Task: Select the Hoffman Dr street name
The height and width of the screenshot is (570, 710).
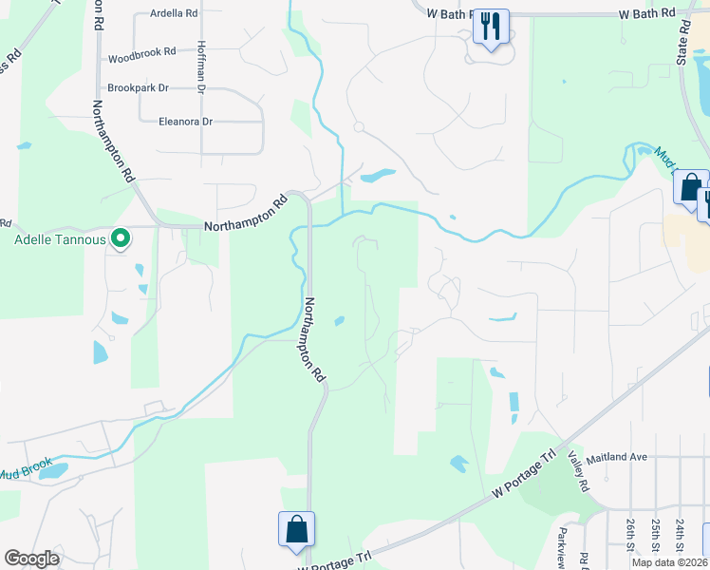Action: point(201,67)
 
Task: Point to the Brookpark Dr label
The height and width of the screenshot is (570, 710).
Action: point(138,87)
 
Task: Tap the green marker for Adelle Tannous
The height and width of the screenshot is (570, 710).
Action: point(121,238)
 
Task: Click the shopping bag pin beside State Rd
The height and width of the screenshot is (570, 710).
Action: point(690,185)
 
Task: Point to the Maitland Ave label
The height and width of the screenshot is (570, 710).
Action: point(616,457)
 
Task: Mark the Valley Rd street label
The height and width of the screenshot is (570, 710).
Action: point(578,471)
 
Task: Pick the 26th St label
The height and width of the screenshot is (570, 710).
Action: point(631,535)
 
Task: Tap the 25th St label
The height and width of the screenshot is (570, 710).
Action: point(656,535)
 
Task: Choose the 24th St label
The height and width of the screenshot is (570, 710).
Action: point(681,535)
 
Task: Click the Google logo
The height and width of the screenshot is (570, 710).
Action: point(32,559)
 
